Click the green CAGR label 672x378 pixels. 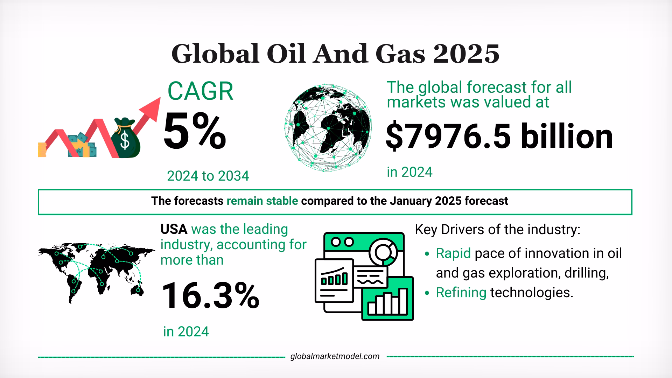point(200,92)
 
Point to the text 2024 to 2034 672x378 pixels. point(208,176)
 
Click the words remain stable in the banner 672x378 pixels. point(262,201)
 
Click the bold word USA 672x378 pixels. point(174,229)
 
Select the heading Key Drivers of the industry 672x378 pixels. point(497,230)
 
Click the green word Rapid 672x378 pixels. point(453,253)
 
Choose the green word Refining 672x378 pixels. point(461,292)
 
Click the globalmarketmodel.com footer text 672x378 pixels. point(335,356)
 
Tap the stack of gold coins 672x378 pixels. point(42,150)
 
